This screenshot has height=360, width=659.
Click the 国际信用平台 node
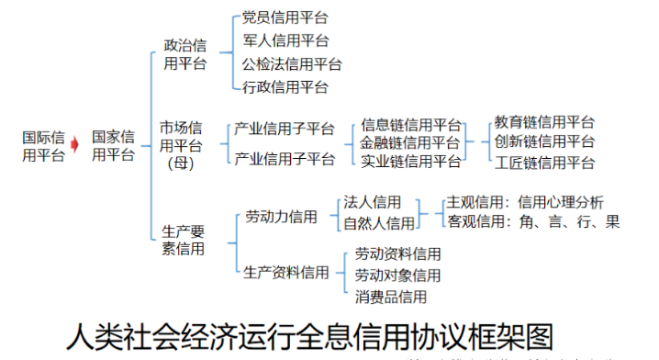click(43, 146)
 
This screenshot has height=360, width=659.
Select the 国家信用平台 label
click(114, 146)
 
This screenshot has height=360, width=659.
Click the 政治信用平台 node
click(184, 54)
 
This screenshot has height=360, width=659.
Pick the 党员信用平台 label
click(285, 17)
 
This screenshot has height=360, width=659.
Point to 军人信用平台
click(285, 40)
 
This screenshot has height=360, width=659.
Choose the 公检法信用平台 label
click(292, 64)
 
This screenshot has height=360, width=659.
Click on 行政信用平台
click(285, 87)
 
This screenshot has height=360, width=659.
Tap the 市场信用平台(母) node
click(181, 145)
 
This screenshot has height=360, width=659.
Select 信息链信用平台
click(411, 125)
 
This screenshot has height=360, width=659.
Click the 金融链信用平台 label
click(410, 143)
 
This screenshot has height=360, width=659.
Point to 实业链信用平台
click(410, 162)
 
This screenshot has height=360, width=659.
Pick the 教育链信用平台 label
click(544, 122)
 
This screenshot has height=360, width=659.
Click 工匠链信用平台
click(544, 163)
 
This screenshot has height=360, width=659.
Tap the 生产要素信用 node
click(184, 240)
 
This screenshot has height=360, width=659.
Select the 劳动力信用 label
click(281, 218)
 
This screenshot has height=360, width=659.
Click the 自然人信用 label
click(378, 223)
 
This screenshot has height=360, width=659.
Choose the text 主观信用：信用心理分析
click(524, 202)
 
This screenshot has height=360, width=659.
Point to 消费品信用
click(391, 297)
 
